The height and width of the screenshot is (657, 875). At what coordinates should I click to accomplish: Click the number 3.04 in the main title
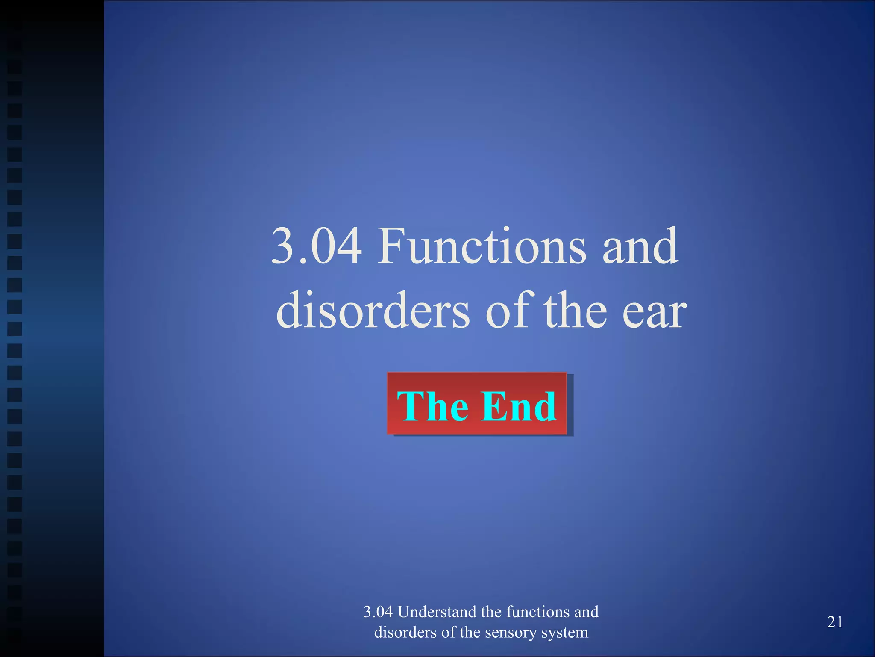[x=317, y=246]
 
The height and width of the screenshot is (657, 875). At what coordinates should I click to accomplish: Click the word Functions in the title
[x=482, y=246]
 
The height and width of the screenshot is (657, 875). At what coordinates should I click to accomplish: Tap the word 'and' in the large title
[x=640, y=246]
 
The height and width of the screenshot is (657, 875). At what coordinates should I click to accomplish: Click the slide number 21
[x=835, y=622]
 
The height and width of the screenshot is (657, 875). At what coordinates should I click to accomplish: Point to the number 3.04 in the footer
[x=378, y=612]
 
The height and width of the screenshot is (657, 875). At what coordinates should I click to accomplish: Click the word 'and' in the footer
[x=586, y=612]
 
